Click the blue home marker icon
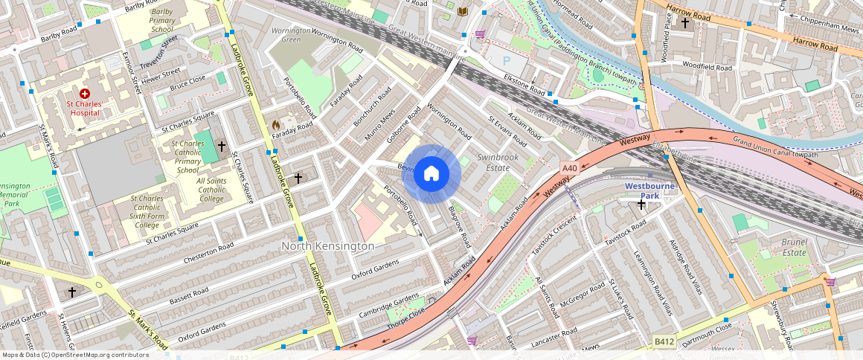pos(431,174)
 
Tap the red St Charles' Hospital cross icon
pos(84,94)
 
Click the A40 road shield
pos(569,169)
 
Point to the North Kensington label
pos(327,245)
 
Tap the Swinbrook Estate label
pos(498,163)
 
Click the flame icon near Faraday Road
pos(276,126)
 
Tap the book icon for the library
pos(463,11)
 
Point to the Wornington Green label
pos(291,35)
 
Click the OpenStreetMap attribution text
pos(75,355)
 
